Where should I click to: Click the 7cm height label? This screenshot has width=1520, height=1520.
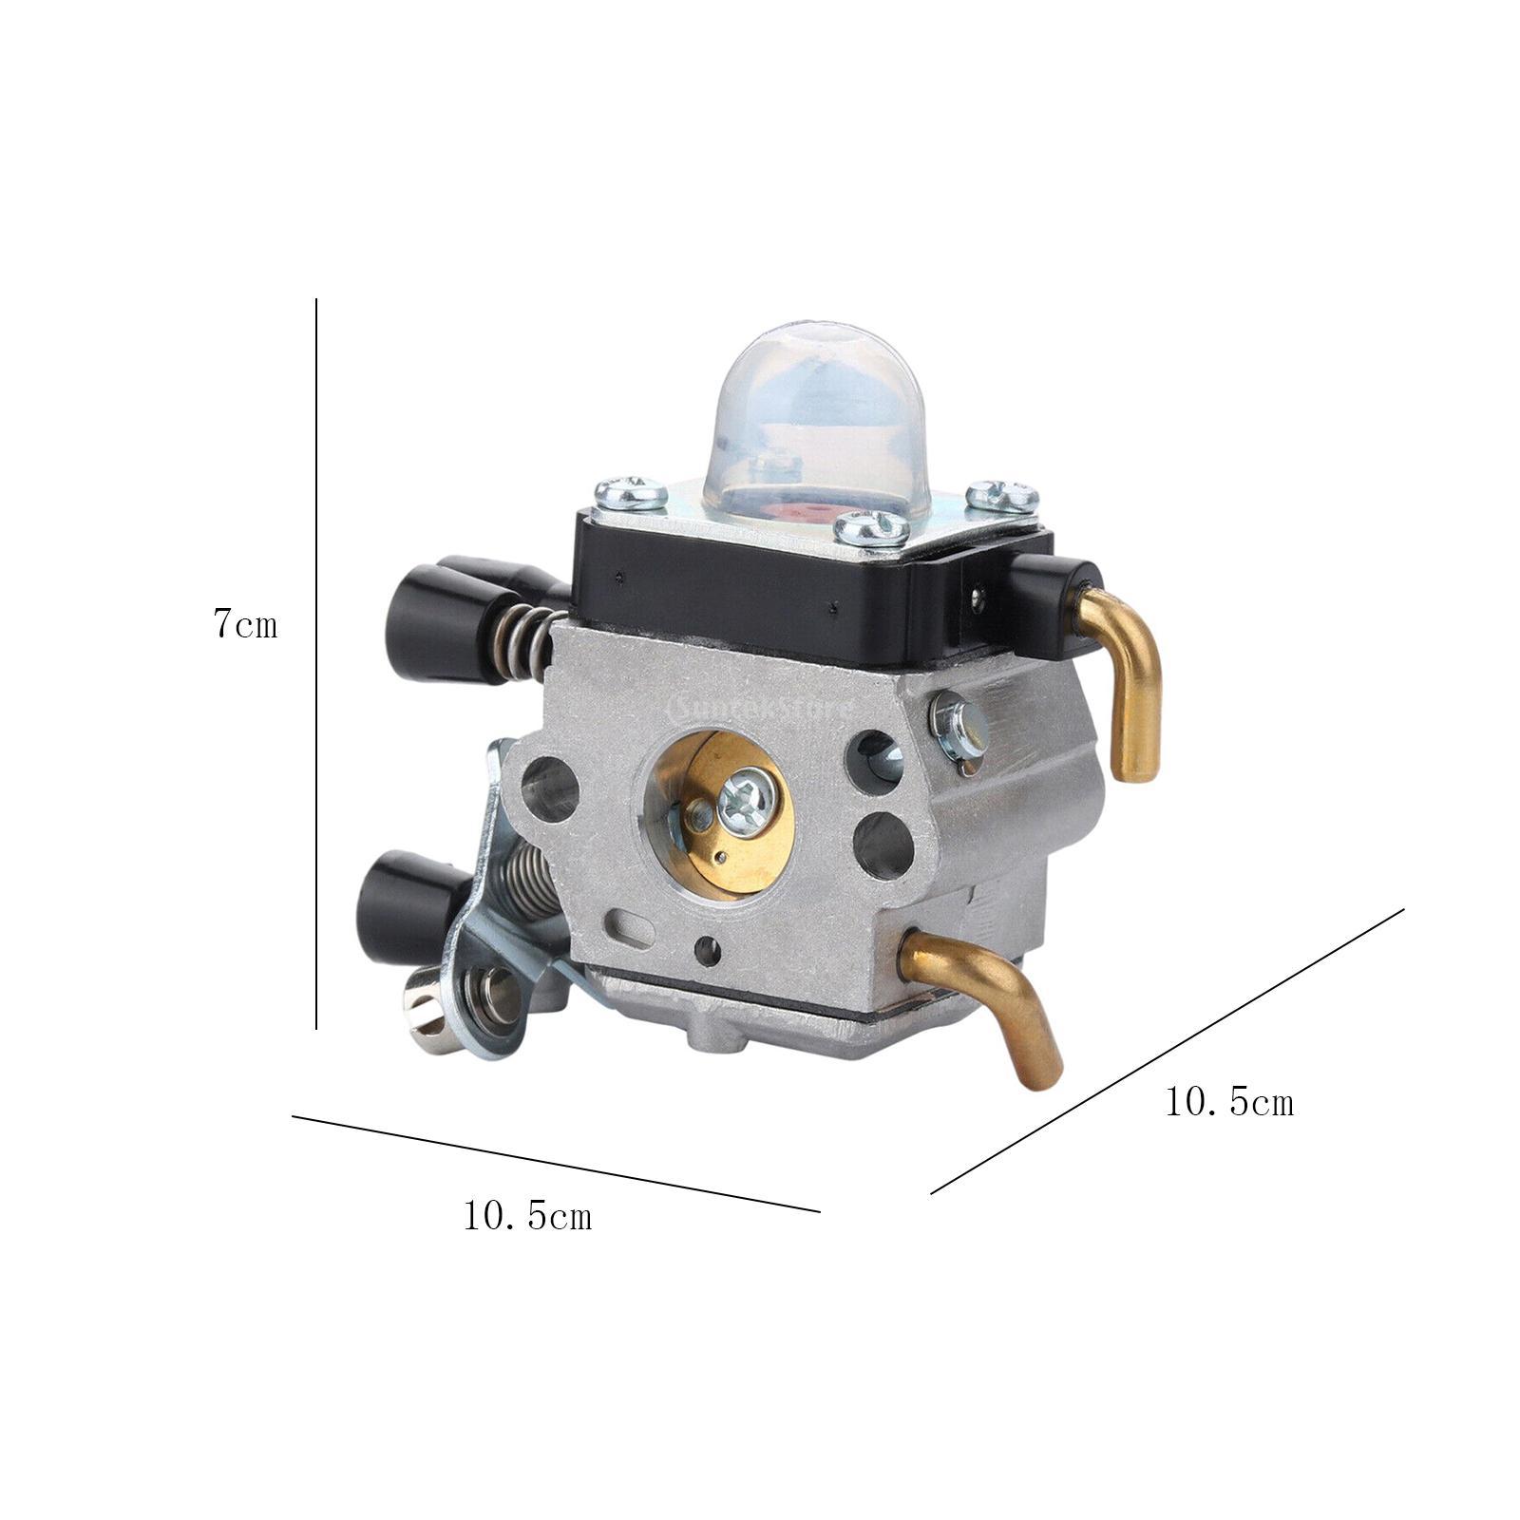pos(245,624)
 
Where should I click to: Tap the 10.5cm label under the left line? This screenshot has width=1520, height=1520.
pos(527,1216)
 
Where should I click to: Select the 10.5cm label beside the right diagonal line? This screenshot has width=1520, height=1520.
pos(1228,1102)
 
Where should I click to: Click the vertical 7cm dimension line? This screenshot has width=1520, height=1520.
pos(316,665)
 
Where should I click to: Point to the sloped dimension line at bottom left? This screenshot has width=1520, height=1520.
pos(556,1164)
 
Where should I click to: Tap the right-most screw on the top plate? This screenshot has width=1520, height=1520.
pos(1002,496)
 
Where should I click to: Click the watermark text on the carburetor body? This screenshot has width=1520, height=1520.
pos(774,708)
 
